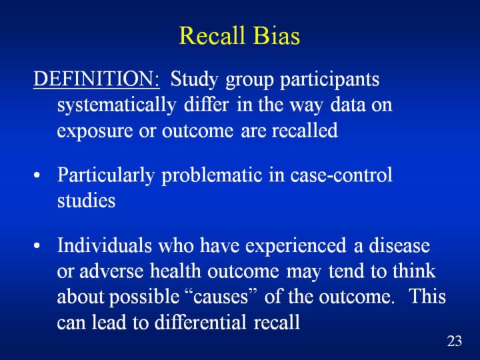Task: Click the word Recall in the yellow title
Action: tap(212, 35)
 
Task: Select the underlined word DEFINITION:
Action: tap(97, 79)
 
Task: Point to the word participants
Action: tap(330, 80)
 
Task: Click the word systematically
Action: tap(116, 106)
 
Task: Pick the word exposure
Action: tap(95, 131)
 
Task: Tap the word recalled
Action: tap(305, 130)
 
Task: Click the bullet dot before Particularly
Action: tap(37, 177)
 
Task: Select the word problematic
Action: tap(212, 176)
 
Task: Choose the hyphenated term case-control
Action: tap(341, 175)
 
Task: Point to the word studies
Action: tap(86, 201)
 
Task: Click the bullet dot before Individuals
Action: tap(37, 246)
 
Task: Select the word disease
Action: tap(399, 245)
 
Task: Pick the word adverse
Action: tap(111, 271)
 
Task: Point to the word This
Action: tap(427, 296)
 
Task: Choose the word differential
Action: tap(200, 322)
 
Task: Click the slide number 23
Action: tap(455, 341)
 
